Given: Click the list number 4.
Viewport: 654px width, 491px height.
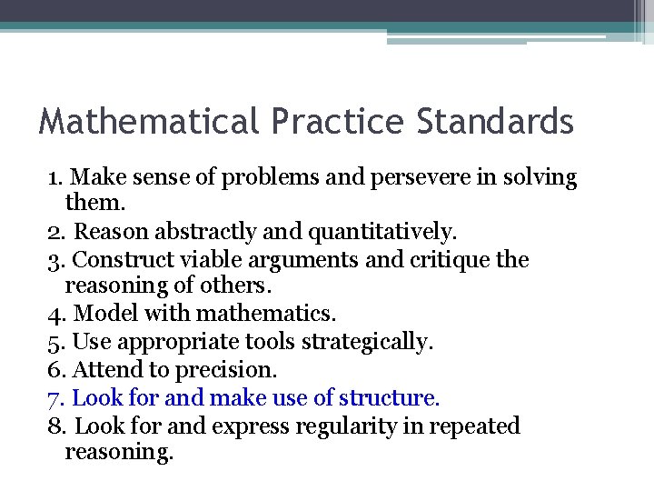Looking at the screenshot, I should [54, 315].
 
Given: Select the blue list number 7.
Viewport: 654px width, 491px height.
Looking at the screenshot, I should [54, 398].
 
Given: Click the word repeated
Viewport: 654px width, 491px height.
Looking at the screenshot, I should [476, 426].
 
